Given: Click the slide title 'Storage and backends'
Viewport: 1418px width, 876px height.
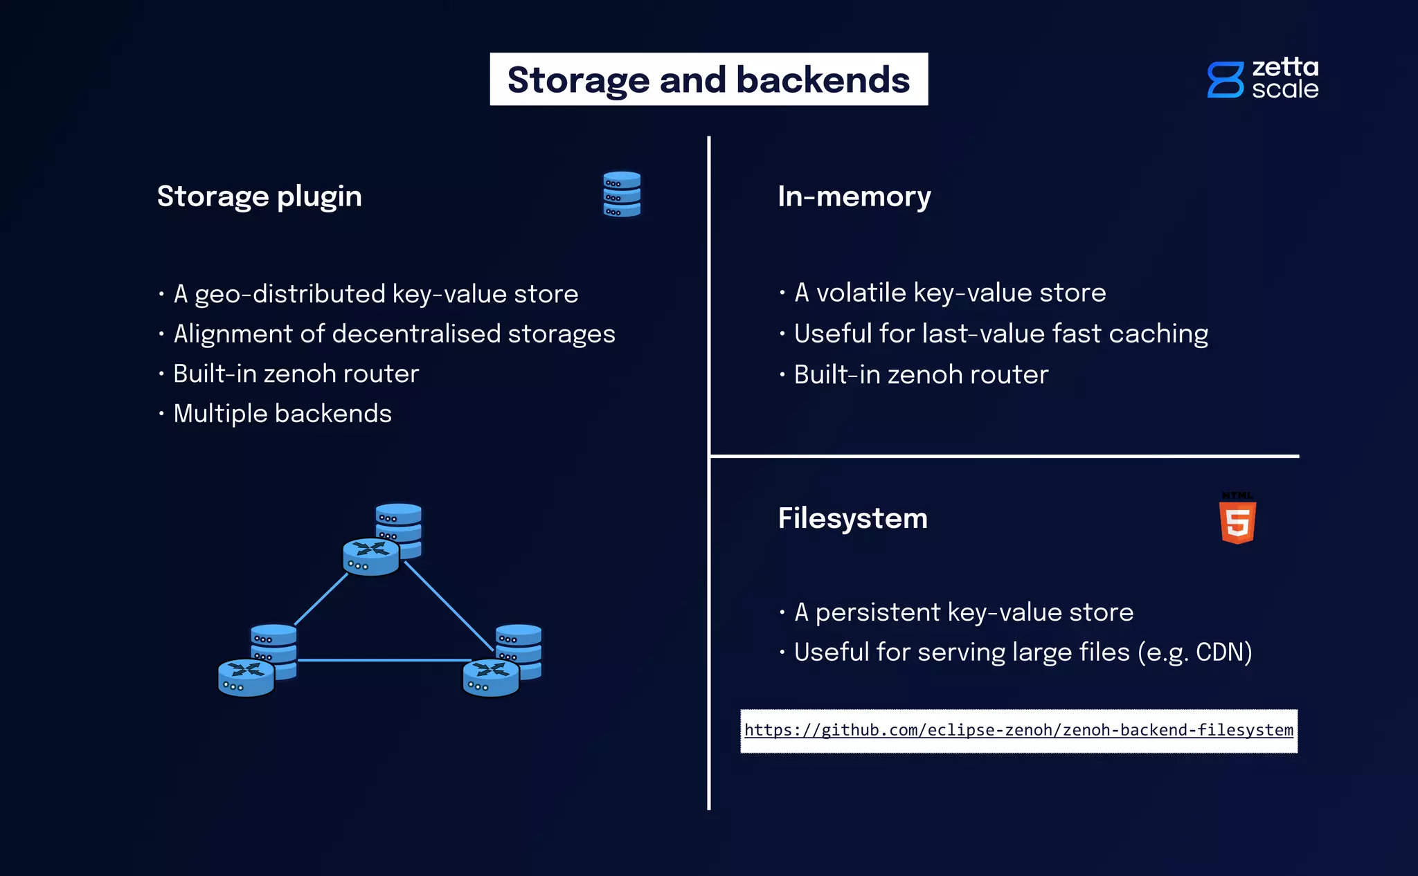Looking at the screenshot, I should pos(708,80).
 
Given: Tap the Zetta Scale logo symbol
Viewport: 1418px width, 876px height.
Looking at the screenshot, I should pos(1225,80).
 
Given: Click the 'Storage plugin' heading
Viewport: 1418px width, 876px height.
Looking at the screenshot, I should pos(259,197).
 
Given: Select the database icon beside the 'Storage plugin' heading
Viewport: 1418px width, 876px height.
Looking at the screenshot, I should pos(621,194).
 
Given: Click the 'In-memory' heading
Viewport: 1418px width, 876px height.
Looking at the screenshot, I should pos(854,197).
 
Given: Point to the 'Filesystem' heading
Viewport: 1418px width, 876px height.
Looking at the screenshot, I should pos(852,518).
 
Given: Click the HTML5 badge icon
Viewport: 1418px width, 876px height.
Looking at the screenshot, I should pos(1237,520).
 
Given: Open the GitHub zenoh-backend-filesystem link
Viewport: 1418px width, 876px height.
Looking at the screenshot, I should pos(1018,730).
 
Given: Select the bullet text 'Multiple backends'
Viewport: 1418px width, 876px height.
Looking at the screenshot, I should pos(282,414).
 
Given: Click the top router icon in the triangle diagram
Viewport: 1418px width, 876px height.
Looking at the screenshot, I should pos(371,556).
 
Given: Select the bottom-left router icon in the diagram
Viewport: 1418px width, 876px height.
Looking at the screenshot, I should pos(246,677).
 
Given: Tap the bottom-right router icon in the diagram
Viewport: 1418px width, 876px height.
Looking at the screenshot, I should pos(491,677).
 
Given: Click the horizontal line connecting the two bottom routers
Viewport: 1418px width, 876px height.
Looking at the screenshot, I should pos(381,660).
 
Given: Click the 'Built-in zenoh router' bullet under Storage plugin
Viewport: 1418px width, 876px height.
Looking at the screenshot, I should pos(296,374).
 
